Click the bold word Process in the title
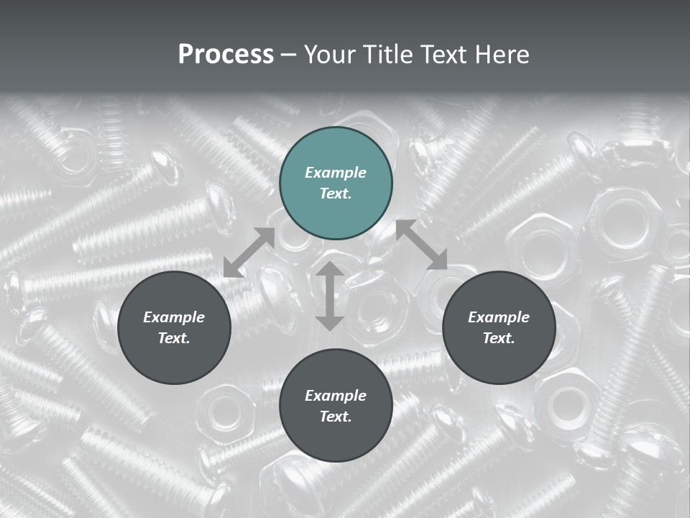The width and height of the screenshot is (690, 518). (226, 55)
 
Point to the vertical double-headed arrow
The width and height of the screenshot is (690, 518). (330, 296)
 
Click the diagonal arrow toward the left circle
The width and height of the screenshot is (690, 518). (249, 252)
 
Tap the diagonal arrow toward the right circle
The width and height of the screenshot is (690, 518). (422, 245)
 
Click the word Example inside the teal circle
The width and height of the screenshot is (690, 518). (336, 173)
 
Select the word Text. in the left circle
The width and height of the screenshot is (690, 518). (174, 338)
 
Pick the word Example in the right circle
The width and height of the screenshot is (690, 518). (499, 317)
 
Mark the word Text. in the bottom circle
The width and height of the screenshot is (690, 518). (336, 417)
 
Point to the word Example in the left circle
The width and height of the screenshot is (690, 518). (174, 317)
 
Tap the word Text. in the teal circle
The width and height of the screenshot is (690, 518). (336, 194)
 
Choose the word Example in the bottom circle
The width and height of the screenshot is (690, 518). (336, 396)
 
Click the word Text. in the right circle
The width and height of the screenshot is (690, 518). (499, 338)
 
